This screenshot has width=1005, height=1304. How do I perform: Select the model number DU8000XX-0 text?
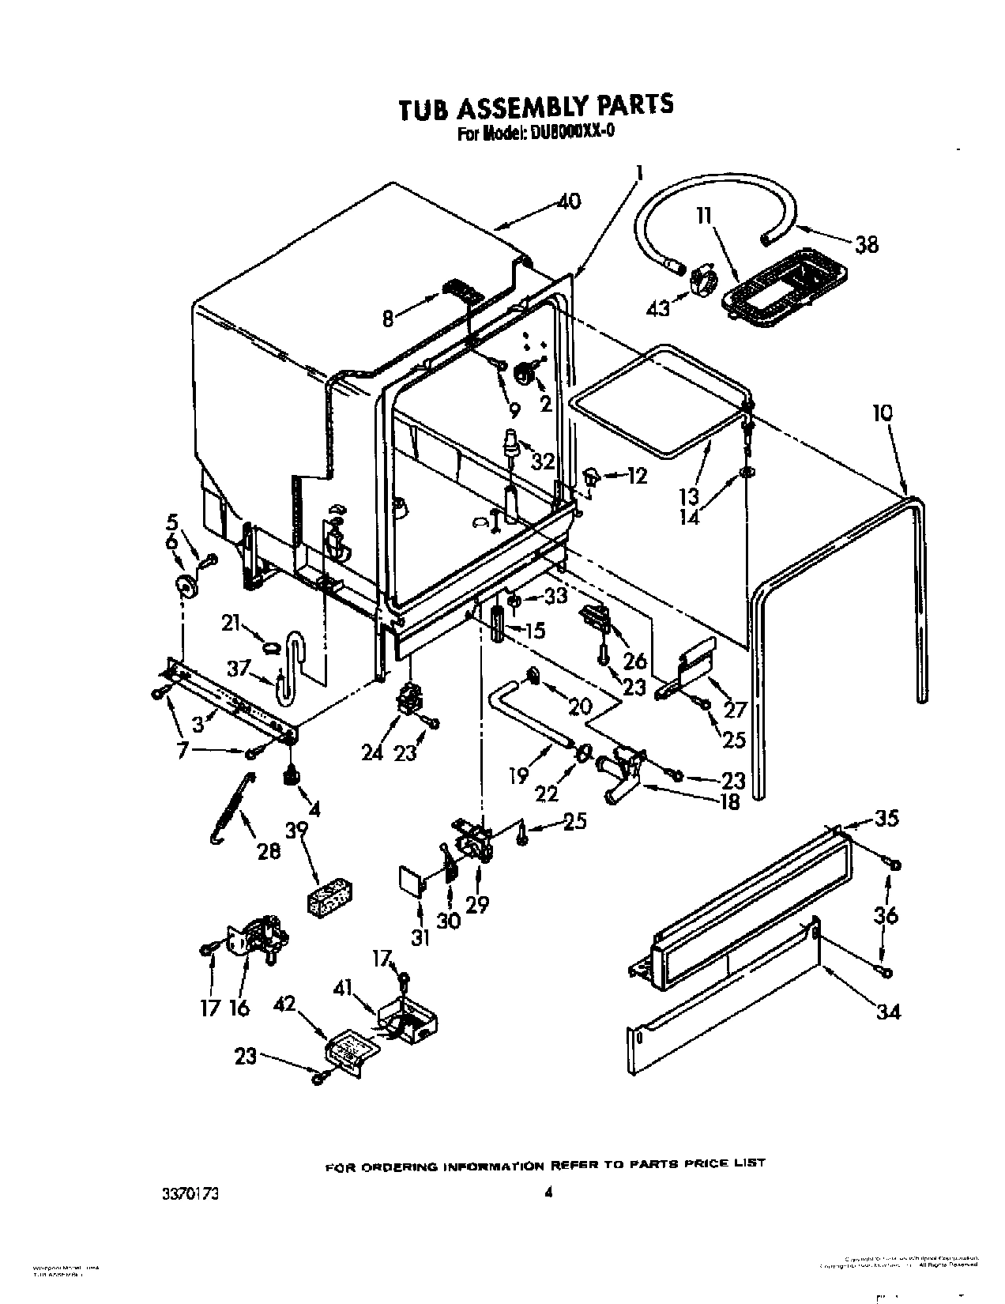(569, 132)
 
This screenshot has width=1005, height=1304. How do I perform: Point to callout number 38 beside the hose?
(866, 244)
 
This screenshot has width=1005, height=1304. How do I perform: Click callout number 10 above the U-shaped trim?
(883, 413)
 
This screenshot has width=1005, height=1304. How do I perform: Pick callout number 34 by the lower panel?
(888, 1010)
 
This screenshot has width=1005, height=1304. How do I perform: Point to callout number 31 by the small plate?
(420, 938)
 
